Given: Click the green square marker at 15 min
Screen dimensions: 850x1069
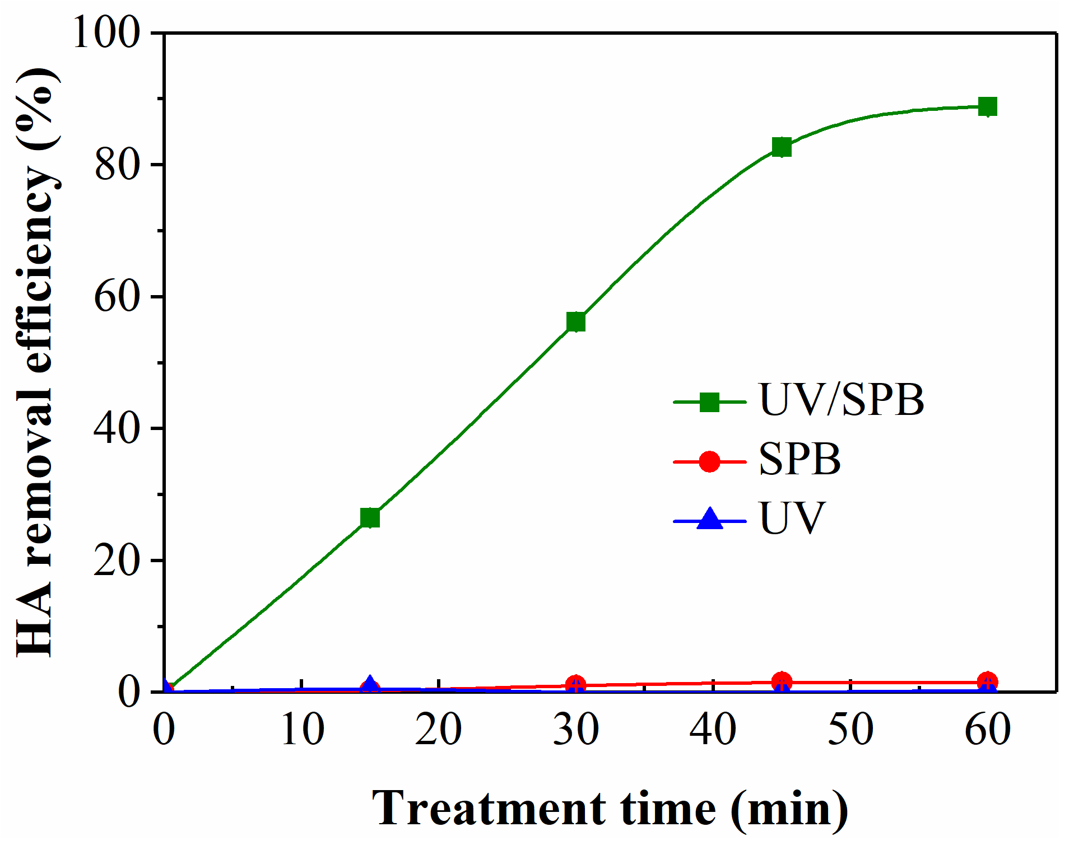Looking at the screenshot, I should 370,518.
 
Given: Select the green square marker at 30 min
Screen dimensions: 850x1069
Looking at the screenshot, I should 576,321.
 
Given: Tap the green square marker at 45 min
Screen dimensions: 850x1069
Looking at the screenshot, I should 782,147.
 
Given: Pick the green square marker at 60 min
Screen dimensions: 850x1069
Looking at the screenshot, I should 987,106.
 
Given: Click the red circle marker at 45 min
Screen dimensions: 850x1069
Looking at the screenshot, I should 782,681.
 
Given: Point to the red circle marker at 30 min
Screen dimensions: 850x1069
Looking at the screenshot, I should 576,684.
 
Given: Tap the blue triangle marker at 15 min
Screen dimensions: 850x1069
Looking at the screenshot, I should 370,684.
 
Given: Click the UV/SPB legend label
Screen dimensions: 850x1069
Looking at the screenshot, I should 840,400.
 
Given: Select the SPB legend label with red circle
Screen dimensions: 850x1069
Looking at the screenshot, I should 800,460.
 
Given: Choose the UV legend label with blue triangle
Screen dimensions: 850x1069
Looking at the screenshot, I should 792,519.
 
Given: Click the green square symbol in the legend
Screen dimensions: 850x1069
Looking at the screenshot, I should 710,401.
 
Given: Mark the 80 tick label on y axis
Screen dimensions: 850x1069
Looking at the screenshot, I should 117,165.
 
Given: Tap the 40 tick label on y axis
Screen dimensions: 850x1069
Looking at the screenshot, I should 117,428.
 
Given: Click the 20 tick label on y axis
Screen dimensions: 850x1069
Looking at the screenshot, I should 117,561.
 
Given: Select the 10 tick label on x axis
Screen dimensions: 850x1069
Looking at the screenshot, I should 302,730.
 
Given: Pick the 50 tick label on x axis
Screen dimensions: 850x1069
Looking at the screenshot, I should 850,730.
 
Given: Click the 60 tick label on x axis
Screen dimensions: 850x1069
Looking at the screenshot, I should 988,730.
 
